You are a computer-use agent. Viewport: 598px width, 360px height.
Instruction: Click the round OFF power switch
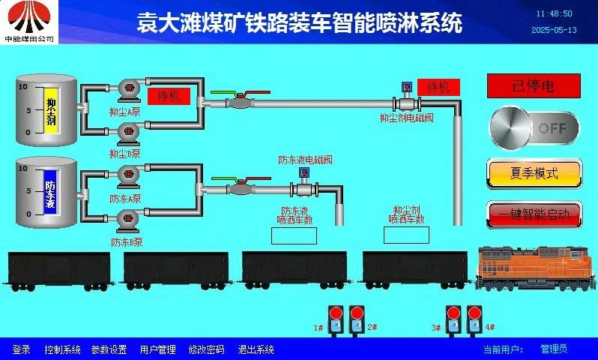tap(534, 128)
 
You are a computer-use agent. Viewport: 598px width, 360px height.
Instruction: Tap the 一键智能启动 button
tap(534, 214)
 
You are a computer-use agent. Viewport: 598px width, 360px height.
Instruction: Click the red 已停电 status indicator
tap(533, 86)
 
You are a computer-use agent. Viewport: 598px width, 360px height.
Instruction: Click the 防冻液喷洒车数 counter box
tap(294, 235)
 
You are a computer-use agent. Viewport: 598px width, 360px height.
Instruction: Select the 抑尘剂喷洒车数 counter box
tap(406, 235)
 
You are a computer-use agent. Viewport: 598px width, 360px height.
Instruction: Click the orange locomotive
tap(536, 266)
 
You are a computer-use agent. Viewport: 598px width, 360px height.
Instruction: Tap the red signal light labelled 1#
tap(336, 315)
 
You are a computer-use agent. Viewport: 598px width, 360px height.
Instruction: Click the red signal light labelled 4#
tap(474, 315)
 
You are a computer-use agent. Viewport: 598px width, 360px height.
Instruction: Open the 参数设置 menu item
tap(109, 349)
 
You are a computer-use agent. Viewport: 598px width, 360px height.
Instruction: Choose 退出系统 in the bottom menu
tap(256, 349)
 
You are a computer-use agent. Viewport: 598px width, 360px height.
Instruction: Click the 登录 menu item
tap(21, 349)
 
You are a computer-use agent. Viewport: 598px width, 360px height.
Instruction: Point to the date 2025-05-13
tap(554, 30)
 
